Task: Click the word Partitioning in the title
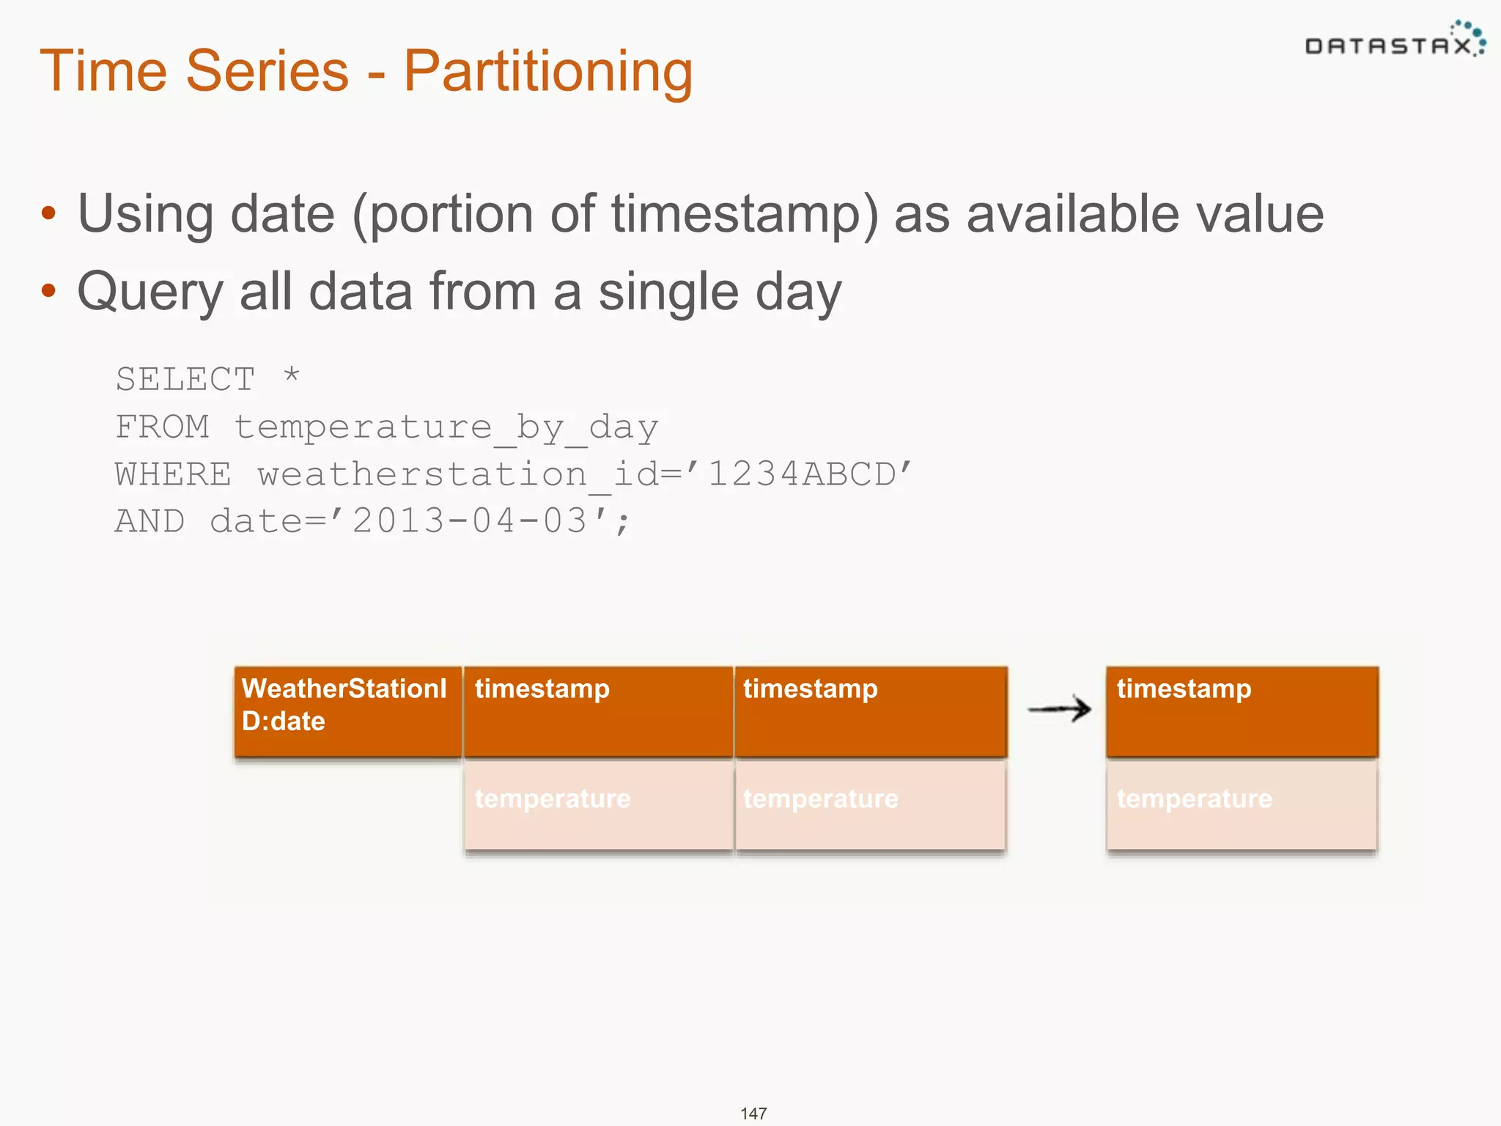[547, 71]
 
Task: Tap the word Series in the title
[267, 71]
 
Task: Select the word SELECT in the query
[185, 380]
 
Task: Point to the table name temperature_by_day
[446, 427]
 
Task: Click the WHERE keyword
[173, 474]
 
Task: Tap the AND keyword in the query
[150, 521]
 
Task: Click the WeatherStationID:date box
[347, 711]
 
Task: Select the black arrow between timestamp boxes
[1059, 709]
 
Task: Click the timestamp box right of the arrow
[1242, 711]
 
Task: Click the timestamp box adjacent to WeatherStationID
[598, 711]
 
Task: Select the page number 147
[753, 1114]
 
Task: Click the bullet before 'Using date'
[48, 214]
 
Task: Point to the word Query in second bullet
[150, 292]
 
